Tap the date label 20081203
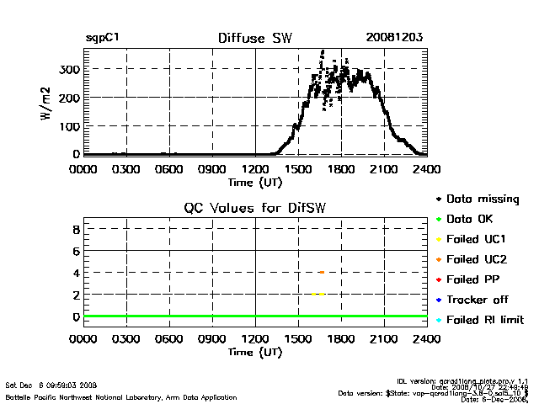[393, 38]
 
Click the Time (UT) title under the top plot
[254, 182]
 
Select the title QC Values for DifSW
[254, 208]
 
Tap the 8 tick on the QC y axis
[75, 229]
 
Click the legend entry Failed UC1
[475, 239]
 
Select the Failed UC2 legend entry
[475, 259]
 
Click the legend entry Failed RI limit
[484, 320]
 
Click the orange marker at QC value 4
[322, 272]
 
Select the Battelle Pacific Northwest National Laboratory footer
[121, 396]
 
